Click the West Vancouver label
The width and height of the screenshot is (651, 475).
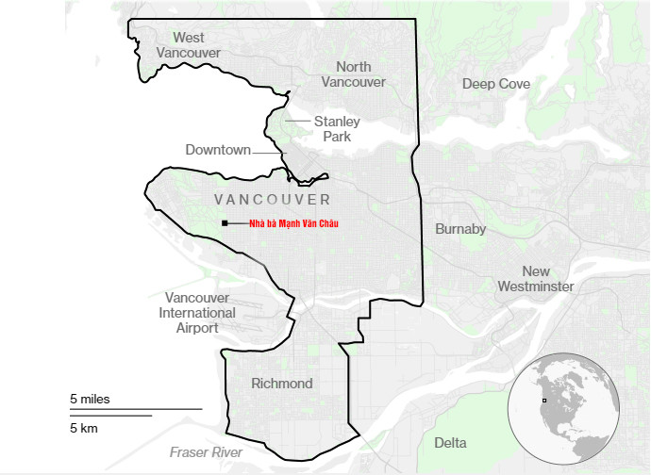pyautogui.click(x=188, y=45)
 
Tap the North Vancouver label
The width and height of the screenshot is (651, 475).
pyautogui.click(x=353, y=74)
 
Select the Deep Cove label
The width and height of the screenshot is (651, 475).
pyautogui.click(x=496, y=84)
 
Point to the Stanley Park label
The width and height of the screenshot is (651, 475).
pyautogui.click(x=337, y=129)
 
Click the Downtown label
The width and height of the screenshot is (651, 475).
pyautogui.click(x=218, y=150)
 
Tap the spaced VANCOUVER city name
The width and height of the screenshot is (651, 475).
pyautogui.click(x=273, y=200)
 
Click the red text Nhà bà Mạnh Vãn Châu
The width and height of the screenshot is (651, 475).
pyautogui.click(x=292, y=223)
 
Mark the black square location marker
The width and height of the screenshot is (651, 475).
pyautogui.click(x=225, y=223)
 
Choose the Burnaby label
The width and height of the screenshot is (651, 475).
pyautogui.click(x=460, y=229)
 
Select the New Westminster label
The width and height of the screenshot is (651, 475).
pyautogui.click(x=535, y=279)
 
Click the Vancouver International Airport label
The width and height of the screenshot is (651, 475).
pyautogui.click(x=197, y=313)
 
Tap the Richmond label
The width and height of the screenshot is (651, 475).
pyautogui.click(x=281, y=384)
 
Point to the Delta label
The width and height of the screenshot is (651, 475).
pyautogui.click(x=450, y=443)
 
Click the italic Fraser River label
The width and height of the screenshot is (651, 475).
pyautogui.click(x=206, y=452)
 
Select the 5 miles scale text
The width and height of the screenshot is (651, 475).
pyautogui.click(x=90, y=400)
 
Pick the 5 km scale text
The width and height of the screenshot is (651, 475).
pyautogui.click(x=84, y=429)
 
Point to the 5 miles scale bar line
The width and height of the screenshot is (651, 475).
pyautogui.click(x=136, y=409)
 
